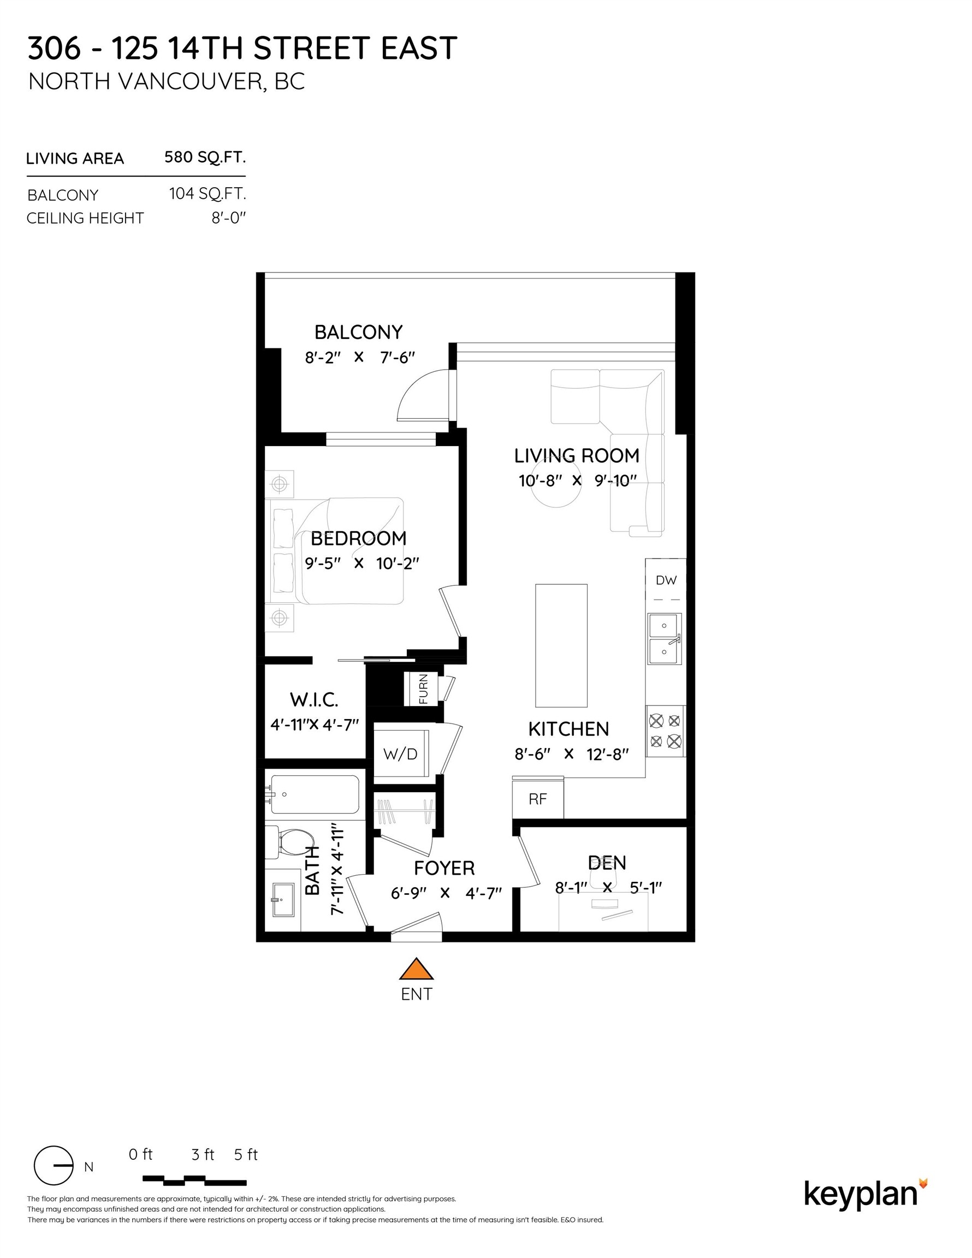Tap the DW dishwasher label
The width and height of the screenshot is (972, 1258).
pos(666,580)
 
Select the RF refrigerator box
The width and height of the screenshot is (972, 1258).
pos(537,799)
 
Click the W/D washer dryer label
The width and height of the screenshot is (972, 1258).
pos(400,754)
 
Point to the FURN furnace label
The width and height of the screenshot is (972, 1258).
pos(423,689)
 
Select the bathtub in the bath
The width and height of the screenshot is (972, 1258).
pos(315,794)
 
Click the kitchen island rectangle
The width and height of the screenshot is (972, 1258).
pos(561,646)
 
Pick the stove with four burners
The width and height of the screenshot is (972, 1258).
pos(665,731)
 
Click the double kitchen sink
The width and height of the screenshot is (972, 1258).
pos(665,638)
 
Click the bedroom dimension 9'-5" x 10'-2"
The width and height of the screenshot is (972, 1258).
pos(361,563)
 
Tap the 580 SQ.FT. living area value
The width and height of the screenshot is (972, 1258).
pos(205,157)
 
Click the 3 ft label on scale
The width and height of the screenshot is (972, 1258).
pos(202,1154)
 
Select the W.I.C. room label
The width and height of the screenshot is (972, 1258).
pos(314,700)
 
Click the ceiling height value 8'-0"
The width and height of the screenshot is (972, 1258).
pos(228,218)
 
